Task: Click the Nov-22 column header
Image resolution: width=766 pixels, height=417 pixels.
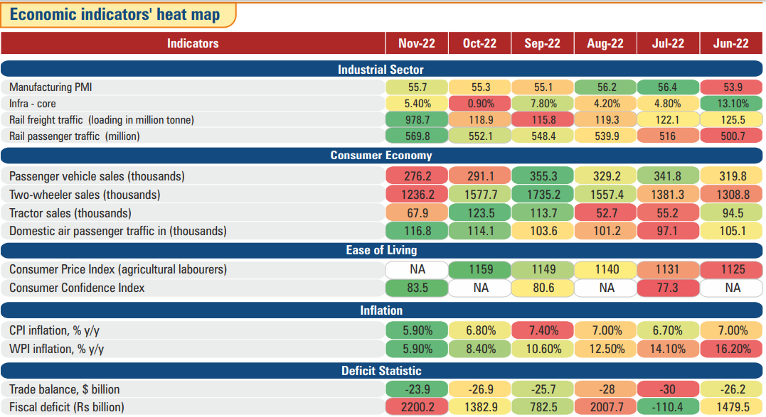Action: point(417,43)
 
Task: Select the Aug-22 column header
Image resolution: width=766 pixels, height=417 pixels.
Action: point(605,43)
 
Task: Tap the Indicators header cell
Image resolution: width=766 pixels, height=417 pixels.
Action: point(193,43)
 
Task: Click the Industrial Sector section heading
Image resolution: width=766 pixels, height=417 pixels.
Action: point(381,70)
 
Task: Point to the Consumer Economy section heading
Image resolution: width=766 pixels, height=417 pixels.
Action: point(381,156)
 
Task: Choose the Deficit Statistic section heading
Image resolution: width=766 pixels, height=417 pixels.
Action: point(381,371)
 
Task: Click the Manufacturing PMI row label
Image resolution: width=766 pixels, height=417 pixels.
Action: point(50,87)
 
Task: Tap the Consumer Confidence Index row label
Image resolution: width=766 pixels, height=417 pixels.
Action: point(77,288)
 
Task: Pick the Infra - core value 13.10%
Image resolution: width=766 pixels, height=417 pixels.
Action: point(732,104)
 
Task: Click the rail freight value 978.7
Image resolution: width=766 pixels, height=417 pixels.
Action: point(417,120)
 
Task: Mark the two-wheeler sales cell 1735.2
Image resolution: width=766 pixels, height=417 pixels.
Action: point(542,195)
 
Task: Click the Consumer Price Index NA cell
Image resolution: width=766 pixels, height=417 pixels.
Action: point(417,270)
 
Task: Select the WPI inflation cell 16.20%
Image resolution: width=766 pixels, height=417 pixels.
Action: point(732,349)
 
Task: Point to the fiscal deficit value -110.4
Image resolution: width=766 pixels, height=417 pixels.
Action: point(668,407)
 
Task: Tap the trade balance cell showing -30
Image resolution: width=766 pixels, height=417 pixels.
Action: point(668,389)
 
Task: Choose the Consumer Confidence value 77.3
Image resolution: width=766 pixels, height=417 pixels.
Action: point(668,288)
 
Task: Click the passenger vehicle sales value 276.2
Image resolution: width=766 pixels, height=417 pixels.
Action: point(417,176)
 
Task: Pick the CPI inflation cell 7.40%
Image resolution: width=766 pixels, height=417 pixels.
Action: point(542,330)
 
